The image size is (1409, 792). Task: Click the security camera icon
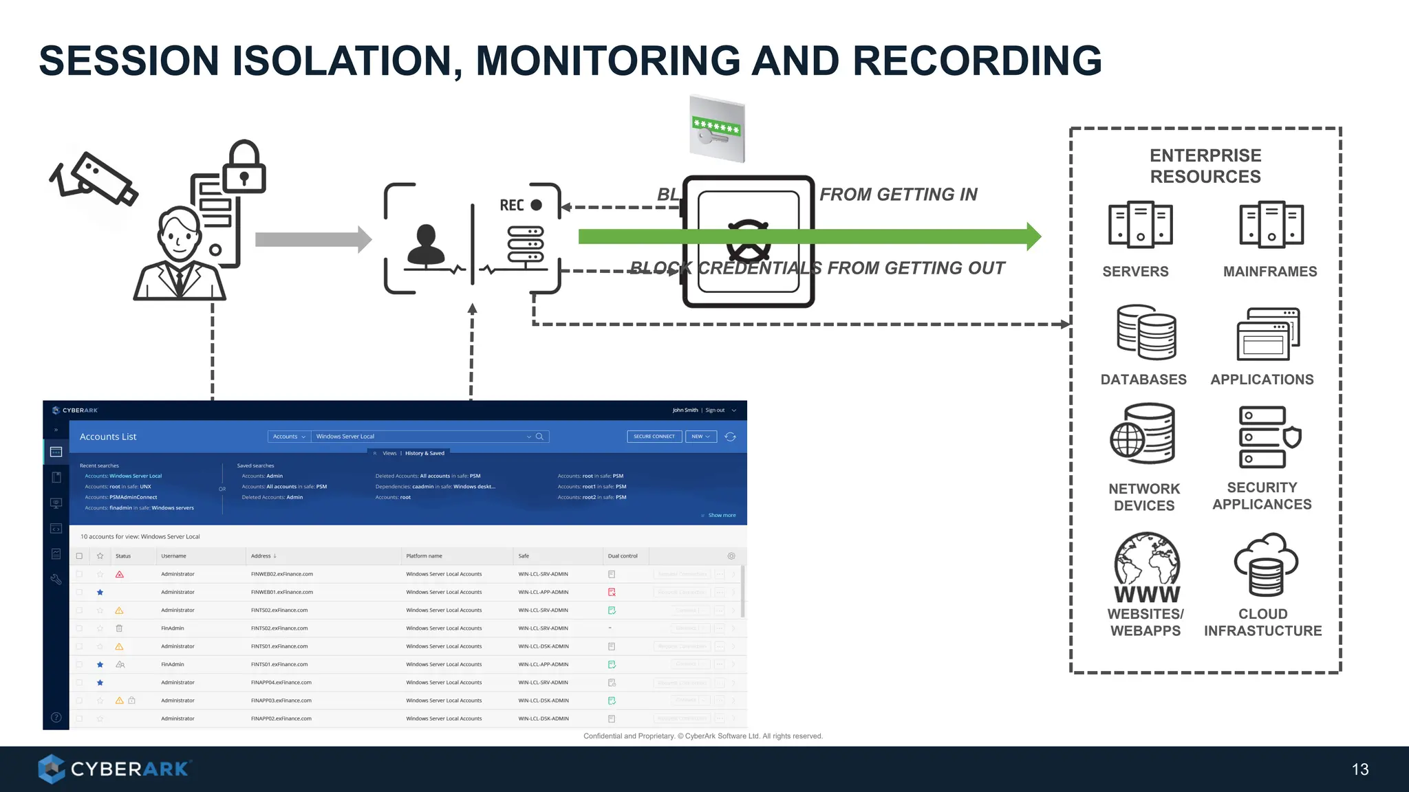tap(94, 179)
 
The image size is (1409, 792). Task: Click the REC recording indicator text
tap(512, 205)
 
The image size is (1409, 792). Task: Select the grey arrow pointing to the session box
tap(313, 239)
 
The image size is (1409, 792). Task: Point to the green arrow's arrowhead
tap(1033, 236)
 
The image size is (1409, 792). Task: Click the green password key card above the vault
tap(717, 129)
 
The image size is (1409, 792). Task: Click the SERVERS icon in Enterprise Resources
tap(1140, 225)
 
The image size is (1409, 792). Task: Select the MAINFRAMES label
tap(1269, 272)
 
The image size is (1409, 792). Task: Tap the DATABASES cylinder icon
tap(1146, 333)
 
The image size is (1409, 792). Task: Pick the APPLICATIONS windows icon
tap(1268, 334)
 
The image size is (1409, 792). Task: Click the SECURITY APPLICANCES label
tap(1262, 496)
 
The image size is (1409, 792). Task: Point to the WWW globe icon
tap(1146, 568)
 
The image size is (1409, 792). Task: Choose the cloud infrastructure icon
tap(1265, 564)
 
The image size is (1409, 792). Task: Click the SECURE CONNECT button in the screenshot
tap(654, 437)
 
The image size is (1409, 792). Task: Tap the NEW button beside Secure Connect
tap(700, 437)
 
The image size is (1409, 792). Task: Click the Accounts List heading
tap(108, 437)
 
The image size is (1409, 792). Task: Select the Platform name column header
tap(424, 556)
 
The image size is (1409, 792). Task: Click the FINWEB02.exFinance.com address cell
tap(281, 574)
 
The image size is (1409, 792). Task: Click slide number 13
tap(1359, 769)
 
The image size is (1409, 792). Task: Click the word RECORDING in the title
tap(976, 60)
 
